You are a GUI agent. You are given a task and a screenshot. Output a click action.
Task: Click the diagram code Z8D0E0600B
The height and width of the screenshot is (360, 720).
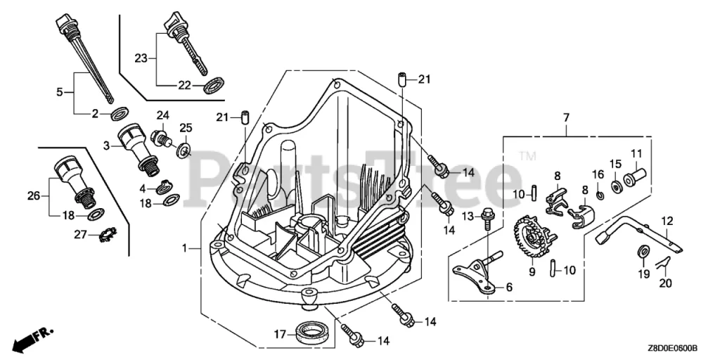(673, 348)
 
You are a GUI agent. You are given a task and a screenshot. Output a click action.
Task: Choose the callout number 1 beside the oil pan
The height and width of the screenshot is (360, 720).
(185, 247)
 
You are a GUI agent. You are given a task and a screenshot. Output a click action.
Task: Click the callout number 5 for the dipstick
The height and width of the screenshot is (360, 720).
(60, 91)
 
